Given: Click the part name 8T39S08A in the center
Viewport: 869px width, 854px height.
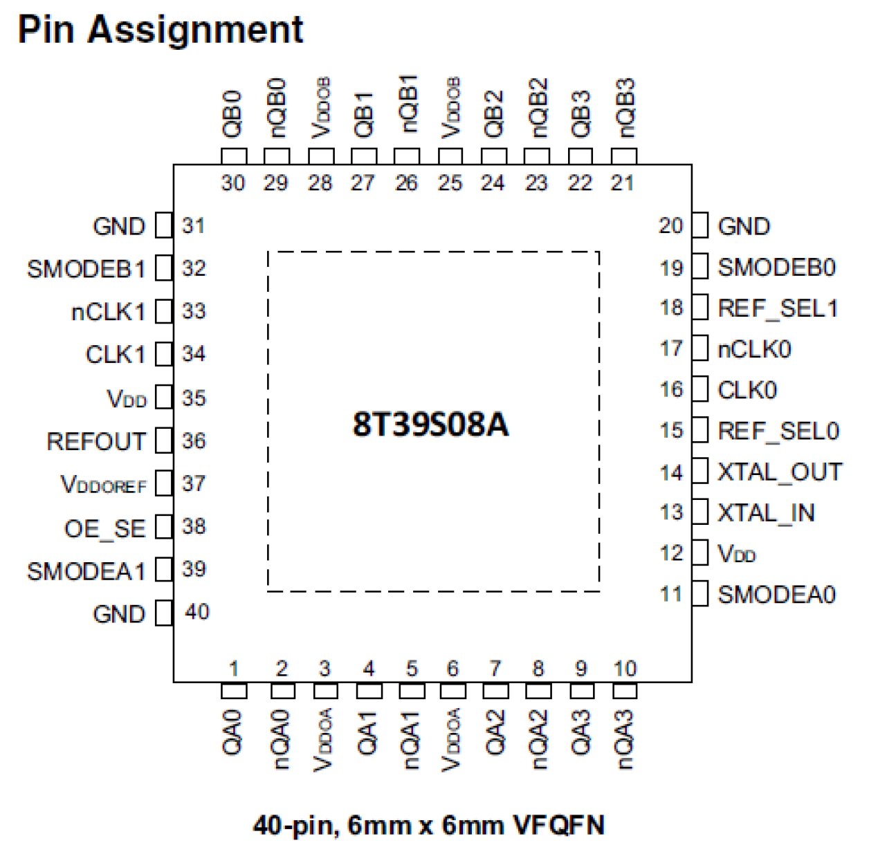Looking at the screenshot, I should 430,424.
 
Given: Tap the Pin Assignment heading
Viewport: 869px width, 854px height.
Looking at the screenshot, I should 161,30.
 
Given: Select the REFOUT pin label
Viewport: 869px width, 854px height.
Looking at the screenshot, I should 96,441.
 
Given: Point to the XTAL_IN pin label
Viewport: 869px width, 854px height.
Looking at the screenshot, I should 766,512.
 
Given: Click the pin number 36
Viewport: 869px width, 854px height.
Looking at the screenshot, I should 194,440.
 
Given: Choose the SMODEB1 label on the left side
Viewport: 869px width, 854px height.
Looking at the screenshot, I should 86,268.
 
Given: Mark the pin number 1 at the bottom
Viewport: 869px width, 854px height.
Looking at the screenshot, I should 234,669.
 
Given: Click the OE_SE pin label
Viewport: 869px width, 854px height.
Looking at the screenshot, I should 105,528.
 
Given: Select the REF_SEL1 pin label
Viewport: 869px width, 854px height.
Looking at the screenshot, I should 778,308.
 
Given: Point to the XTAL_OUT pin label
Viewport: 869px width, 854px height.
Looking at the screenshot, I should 780,472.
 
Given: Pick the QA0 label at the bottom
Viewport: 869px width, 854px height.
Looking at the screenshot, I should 233,733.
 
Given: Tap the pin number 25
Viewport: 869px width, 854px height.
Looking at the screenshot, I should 450,183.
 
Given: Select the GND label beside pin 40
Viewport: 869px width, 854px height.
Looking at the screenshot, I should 119,614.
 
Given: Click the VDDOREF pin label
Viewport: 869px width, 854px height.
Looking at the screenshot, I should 104,485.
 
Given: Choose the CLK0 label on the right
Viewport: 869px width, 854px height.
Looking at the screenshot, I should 747,390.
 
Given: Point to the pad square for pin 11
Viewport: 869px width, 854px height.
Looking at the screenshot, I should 700,594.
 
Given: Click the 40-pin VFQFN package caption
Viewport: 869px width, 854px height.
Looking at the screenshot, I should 429,825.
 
